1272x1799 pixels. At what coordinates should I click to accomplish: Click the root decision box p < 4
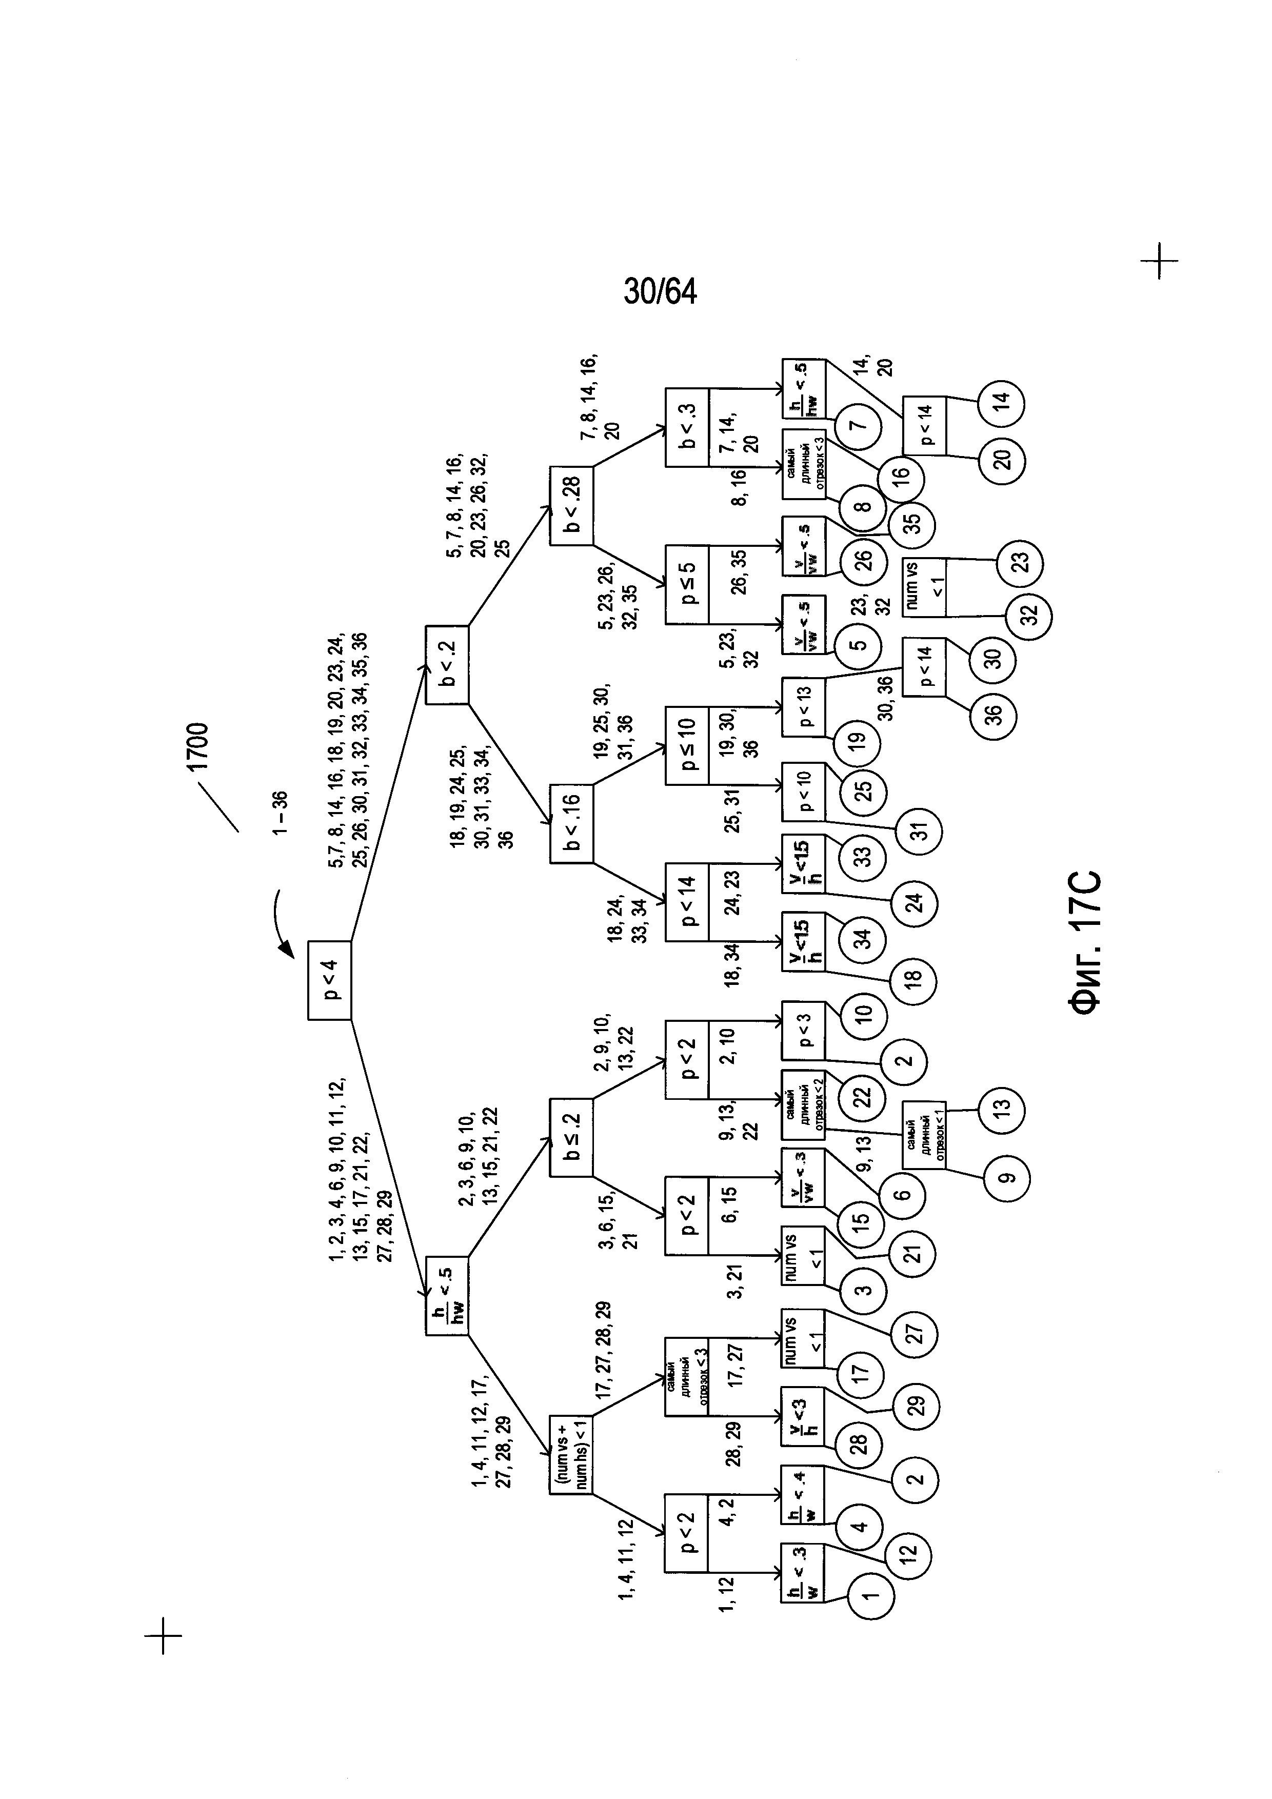pos(329,979)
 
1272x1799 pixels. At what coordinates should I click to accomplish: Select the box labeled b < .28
pos(571,506)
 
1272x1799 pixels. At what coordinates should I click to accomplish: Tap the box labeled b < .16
pos(571,823)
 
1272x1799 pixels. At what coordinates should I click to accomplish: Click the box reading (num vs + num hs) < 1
pos(571,1454)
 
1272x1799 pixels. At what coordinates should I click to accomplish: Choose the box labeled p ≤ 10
pos(687,745)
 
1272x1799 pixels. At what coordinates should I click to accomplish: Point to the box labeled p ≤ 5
pos(687,584)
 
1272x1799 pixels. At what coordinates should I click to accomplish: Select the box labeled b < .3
pos(687,427)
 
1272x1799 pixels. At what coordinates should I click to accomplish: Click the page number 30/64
pos(660,291)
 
